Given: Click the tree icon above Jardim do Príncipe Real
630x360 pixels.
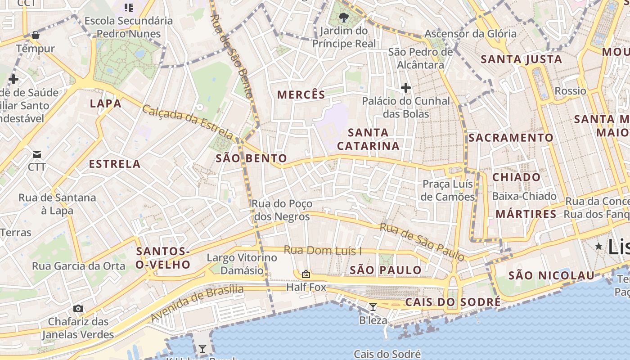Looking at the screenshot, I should (x=344, y=18).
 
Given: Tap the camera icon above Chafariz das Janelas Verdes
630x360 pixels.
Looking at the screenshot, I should (x=78, y=308).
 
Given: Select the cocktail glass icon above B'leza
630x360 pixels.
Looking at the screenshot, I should (x=373, y=307).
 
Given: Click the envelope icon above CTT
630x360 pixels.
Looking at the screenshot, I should (x=37, y=154).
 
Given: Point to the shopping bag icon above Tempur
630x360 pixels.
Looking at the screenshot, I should (x=36, y=35).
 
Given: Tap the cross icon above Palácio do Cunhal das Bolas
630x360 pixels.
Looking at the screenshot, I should (x=406, y=88).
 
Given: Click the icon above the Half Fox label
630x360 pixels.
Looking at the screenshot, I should (x=306, y=274).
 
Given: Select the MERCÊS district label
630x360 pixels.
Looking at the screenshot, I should (x=301, y=94).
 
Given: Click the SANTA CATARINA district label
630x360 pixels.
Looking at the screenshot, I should (x=368, y=139).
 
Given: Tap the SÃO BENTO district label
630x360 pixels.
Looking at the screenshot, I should (x=251, y=158).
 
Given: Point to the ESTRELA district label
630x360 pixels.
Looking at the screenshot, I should (x=115, y=164).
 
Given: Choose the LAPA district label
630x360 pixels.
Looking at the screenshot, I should (x=106, y=103).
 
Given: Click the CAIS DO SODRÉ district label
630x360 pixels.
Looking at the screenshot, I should (x=453, y=302).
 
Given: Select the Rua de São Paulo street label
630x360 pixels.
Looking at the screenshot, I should (x=422, y=242).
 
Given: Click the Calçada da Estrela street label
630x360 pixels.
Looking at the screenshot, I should (x=188, y=121).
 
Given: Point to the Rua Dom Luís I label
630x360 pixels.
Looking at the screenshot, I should (x=323, y=250).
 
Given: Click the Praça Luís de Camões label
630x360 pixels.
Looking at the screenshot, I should (x=448, y=190).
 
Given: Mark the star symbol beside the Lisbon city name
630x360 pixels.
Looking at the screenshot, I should (x=598, y=246).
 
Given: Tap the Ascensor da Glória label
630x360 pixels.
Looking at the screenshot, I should (x=471, y=34).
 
